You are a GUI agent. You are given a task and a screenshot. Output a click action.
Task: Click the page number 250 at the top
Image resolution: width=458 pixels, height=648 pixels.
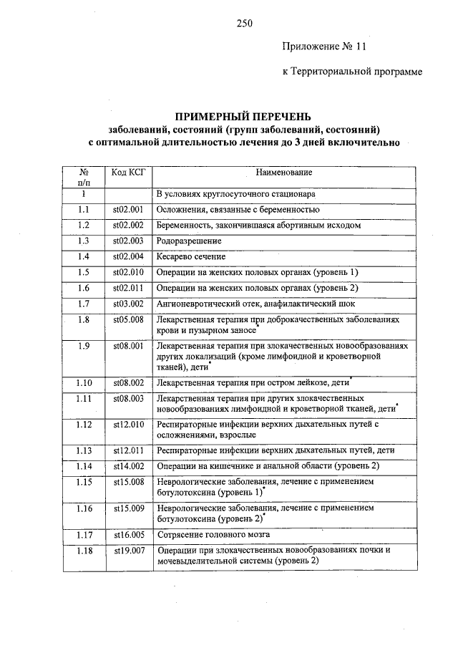click(x=244, y=23)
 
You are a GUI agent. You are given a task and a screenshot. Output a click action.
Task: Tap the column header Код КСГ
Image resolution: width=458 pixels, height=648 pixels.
click(x=128, y=173)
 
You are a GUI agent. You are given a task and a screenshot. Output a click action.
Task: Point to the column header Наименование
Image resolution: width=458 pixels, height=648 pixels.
click(x=284, y=173)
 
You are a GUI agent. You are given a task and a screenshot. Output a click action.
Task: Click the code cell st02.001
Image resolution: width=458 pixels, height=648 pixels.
click(x=128, y=210)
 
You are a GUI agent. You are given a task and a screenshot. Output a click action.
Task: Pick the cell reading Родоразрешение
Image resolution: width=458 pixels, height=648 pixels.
click(x=186, y=241)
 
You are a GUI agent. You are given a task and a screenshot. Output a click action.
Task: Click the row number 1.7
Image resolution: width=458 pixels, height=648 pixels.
click(x=84, y=304)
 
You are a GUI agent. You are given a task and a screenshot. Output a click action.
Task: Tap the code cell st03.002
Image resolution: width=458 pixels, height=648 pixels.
click(x=128, y=304)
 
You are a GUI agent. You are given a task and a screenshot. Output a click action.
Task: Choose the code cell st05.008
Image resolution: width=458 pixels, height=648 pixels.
click(x=128, y=320)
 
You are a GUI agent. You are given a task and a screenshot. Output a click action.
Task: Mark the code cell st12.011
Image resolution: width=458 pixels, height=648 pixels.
click(x=128, y=450)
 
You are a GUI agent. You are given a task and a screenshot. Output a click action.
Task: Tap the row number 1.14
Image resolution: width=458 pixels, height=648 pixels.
click(x=84, y=466)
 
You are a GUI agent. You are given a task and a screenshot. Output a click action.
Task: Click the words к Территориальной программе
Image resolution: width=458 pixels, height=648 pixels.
click(x=351, y=72)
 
